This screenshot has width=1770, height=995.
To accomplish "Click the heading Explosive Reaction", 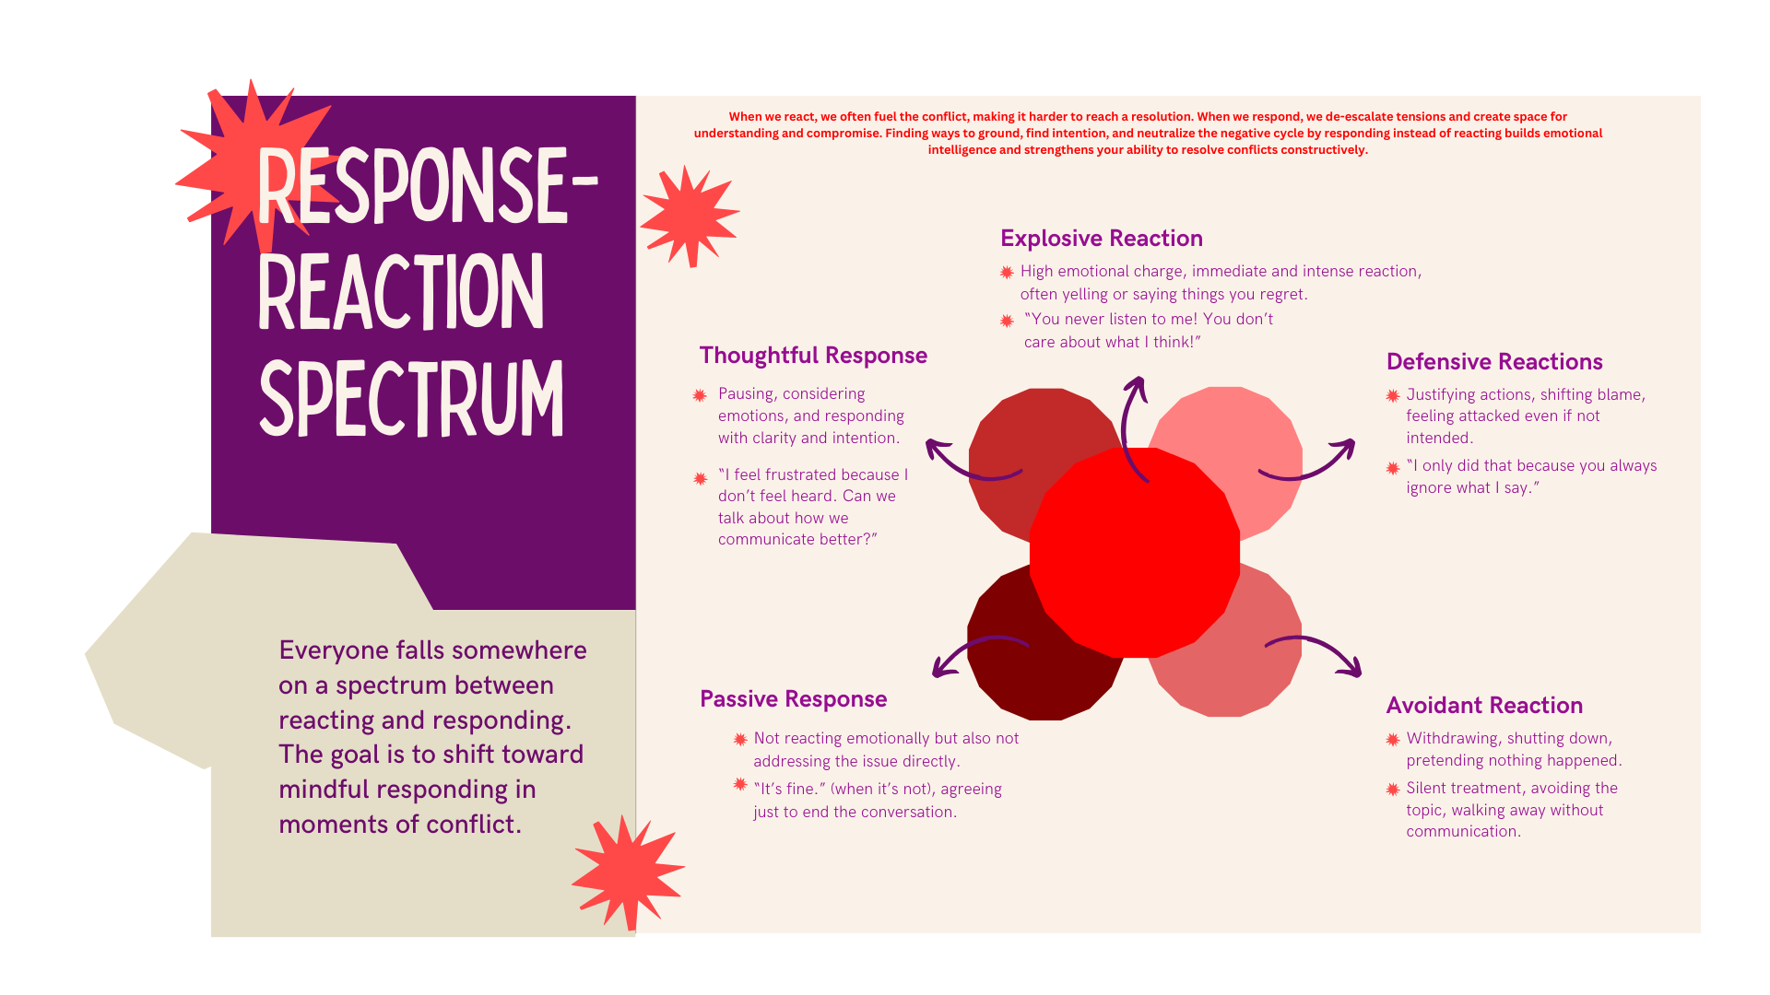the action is pos(1102,239).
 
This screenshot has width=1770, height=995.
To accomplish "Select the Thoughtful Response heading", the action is pos(813,356).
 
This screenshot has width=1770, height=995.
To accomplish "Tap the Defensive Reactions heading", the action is pos(1494,362).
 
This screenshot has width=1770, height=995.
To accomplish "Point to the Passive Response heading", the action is pos(793,699).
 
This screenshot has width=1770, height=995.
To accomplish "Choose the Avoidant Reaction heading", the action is pos(1484,706).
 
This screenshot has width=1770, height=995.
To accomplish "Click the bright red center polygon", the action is pos(1135,553).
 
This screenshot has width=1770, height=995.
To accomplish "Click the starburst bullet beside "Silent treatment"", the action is pos(1393,790).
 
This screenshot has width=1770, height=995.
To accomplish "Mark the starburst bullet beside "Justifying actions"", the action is pos(1393,396).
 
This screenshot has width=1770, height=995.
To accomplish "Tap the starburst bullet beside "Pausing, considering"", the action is pos(700,395).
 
